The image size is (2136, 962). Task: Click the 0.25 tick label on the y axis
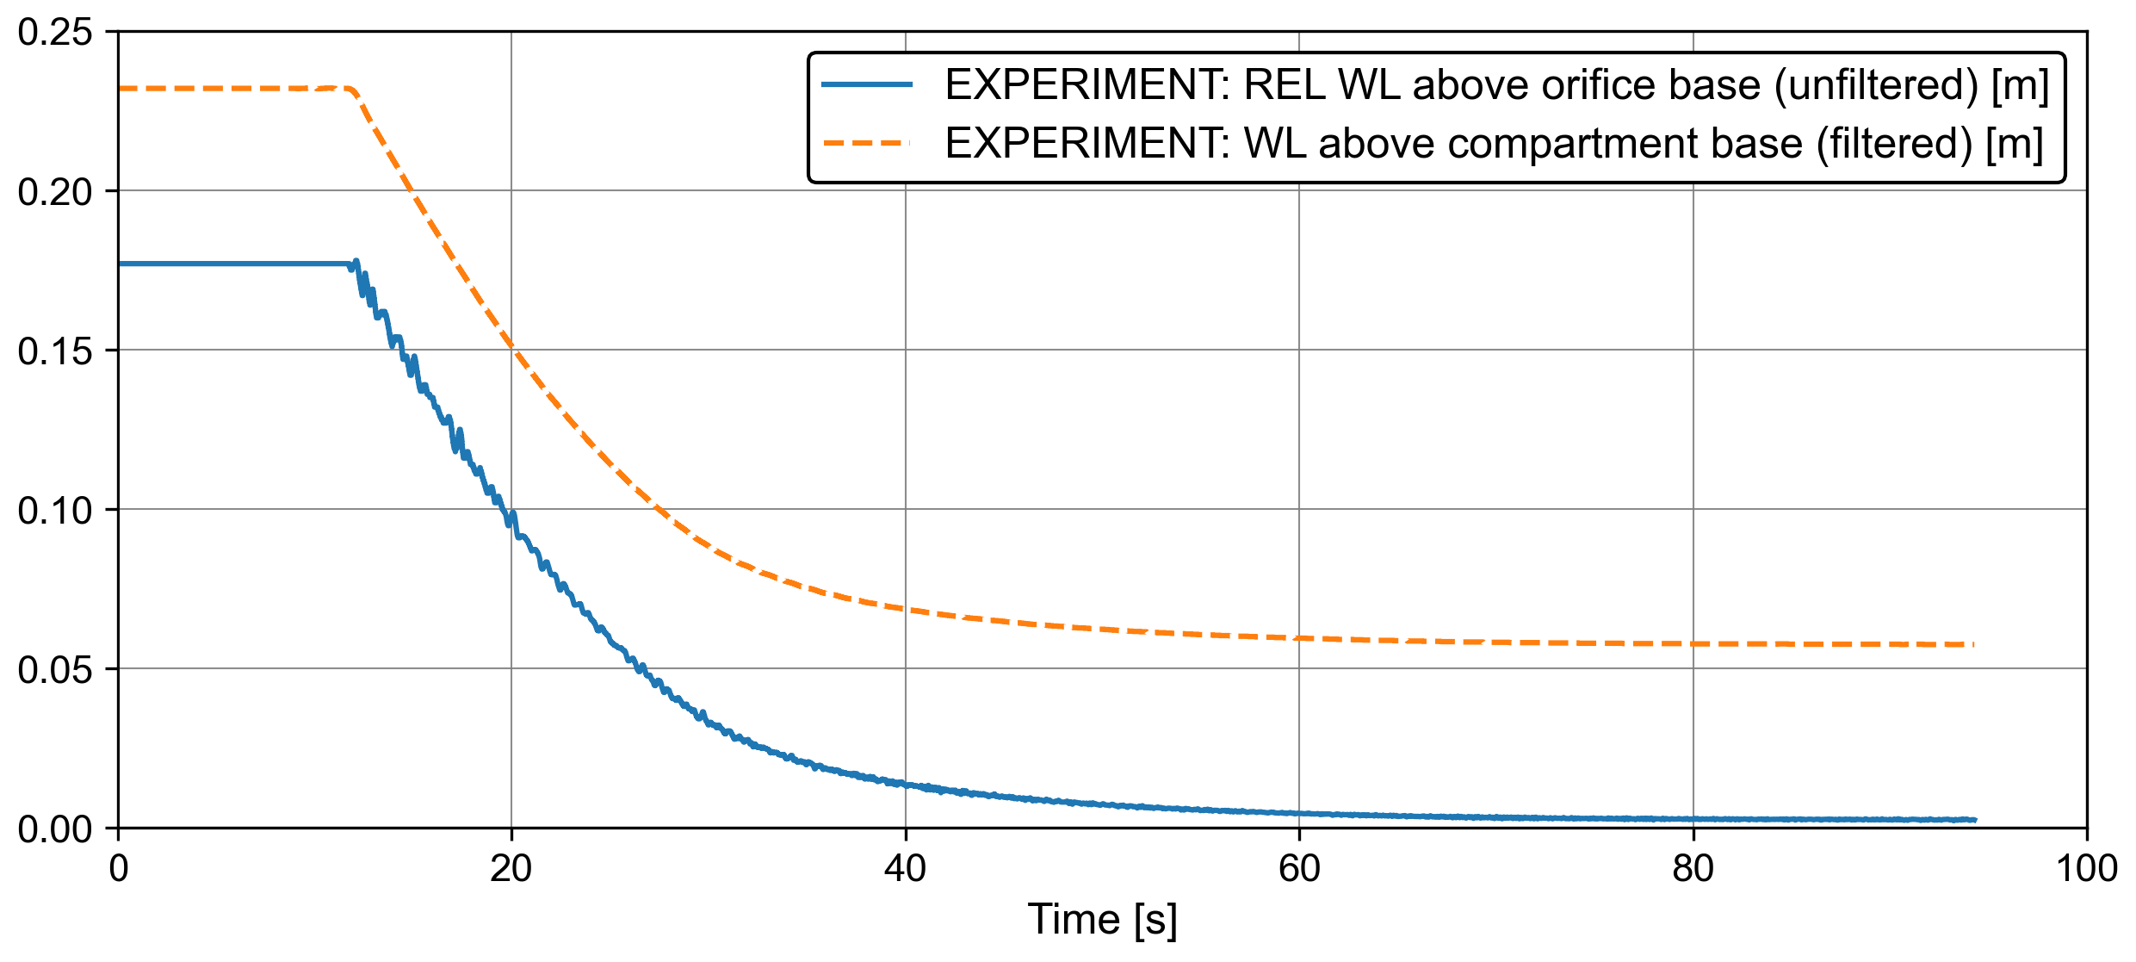click(x=54, y=33)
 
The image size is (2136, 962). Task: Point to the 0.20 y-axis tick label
click(x=54, y=191)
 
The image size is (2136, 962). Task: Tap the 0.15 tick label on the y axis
click(x=54, y=351)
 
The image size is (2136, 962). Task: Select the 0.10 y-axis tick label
click(x=54, y=510)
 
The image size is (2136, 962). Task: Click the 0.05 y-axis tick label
click(x=54, y=669)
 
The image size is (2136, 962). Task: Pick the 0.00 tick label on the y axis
click(x=54, y=829)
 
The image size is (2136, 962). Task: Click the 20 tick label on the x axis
click(x=511, y=868)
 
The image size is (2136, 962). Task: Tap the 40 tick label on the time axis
click(x=905, y=868)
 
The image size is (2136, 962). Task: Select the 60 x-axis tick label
click(x=1299, y=868)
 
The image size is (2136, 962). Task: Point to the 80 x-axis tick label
click(x=1693, y=868)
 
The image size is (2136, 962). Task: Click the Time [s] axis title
click(x=1102, y=919)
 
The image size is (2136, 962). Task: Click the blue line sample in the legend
click(x=867, y=84)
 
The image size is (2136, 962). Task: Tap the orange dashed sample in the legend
click(x=867, y=143)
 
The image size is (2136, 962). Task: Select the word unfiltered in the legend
click(x=1877, y=84)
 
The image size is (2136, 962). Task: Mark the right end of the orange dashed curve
click(x=1973, y=644)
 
